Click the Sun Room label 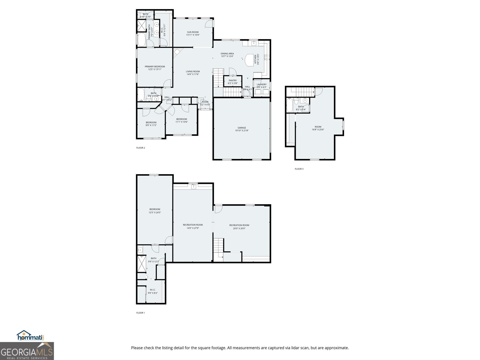[x=193, y=32]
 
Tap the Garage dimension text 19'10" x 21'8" [x=241, y=130]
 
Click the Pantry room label [x=232, y=80]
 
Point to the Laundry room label [x=261, y=84]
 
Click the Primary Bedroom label [x=154, y=67]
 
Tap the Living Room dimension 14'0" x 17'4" [x=193, y=74]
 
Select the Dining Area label [x=227, y=54]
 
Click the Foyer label [x=205, y=102]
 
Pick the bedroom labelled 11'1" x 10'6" [x=181, y=120]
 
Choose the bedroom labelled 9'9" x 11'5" [x=151, y=124]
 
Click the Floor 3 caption [x=299, y=169]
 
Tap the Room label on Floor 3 [x=318, y=127]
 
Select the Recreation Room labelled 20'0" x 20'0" [x=239, y=226]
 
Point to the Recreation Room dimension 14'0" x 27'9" [x=193, y=228]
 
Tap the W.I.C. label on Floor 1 [x=152, y=290]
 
